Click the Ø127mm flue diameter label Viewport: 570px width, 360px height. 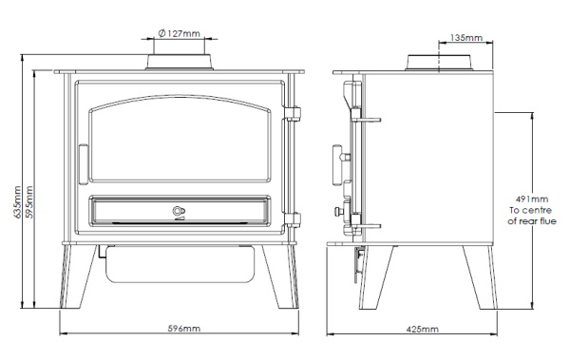180,33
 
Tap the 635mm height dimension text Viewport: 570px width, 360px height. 17,201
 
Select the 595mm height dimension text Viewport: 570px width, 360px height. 29,201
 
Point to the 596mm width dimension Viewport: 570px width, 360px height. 184,329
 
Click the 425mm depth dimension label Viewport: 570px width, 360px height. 422,329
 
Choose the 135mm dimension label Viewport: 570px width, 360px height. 466,37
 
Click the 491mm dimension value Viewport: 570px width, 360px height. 532,199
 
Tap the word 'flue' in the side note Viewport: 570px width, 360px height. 548,220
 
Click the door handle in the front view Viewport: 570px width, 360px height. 84,164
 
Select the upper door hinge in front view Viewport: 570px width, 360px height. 293,113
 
